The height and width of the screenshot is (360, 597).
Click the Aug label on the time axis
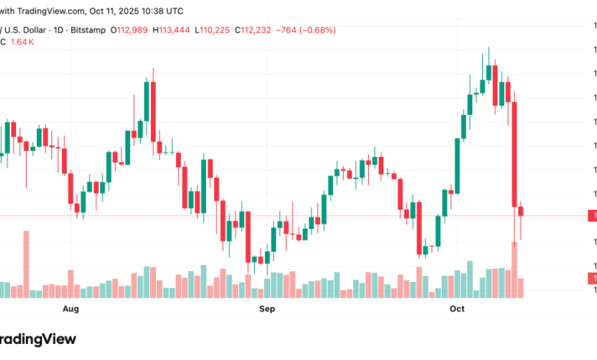pyautogui.click(x=70, y=309)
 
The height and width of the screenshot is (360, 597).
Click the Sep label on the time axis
pyautogui.click(x=266, y=309)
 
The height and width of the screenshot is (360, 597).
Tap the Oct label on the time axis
pyautogui.click(x=457, y=309)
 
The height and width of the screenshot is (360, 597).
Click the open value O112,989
pyautogui.click(x=129, y=30)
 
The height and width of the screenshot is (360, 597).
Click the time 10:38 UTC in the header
pyautogui.click(x=161, y=11)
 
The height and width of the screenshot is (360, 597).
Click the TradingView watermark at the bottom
pyautogui.click(x=38, y=339)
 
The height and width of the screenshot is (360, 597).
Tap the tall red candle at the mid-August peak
pyautogui.click(x=153, y=111)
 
